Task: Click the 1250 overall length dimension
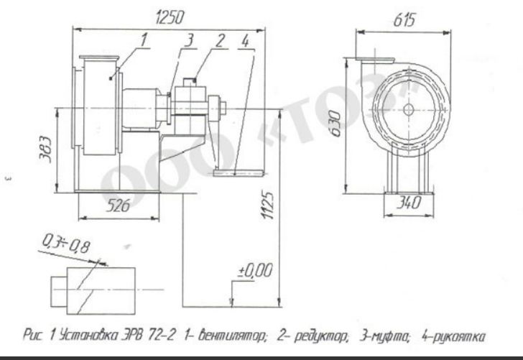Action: [x=170, y=17]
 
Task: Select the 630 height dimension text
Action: [x=336, y=124]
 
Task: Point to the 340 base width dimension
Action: [x=409, y=203]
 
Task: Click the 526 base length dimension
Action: [x=118, y=205]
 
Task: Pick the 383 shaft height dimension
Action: [x=46, y=149]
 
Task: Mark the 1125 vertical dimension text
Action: [x=268, y=205]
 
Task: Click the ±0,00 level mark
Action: [x=255, y=271]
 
